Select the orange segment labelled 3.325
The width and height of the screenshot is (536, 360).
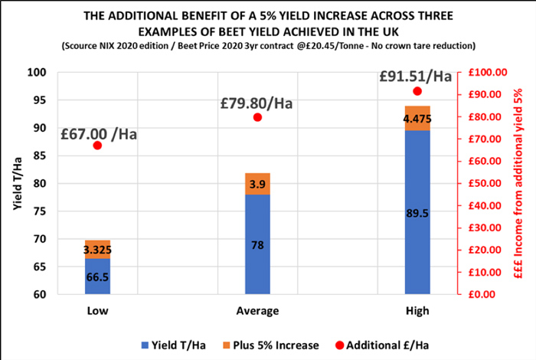[97, 249]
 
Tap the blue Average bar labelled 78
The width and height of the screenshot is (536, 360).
[257, 244]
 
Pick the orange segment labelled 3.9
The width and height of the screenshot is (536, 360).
[257, 184]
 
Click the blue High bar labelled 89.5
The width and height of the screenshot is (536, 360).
[417, 212]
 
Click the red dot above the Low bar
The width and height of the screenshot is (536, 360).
[97, 145]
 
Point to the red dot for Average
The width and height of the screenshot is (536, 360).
[257, 117]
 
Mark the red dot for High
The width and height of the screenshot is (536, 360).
[417, 91]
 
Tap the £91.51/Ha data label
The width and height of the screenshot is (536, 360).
[417, 77]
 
